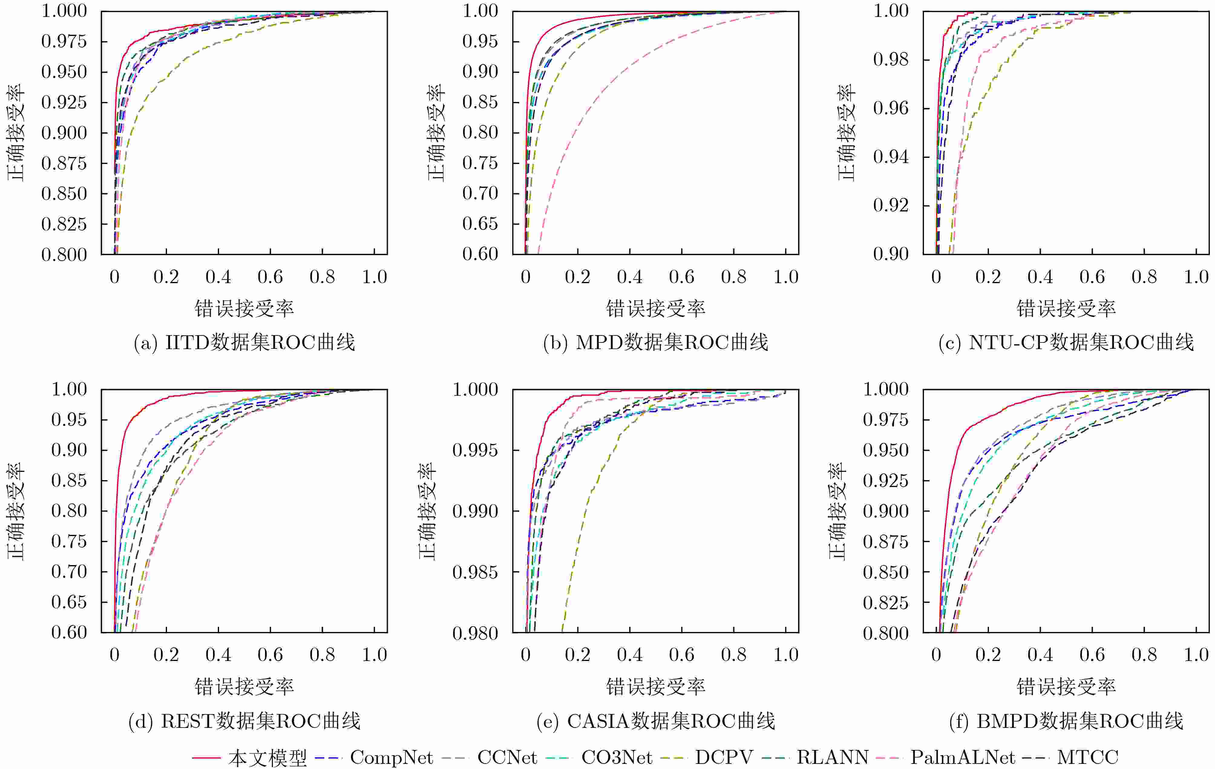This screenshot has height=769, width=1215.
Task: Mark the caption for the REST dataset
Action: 244,721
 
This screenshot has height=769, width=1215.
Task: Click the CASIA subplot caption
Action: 655,721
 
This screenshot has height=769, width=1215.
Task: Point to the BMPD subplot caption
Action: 1066,721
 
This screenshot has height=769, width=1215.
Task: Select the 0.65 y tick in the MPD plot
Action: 480,224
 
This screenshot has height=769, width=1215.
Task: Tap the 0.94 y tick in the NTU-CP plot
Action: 891,157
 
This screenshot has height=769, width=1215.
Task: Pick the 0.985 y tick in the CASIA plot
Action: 475,572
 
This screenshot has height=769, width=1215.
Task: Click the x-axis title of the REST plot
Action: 244,687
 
